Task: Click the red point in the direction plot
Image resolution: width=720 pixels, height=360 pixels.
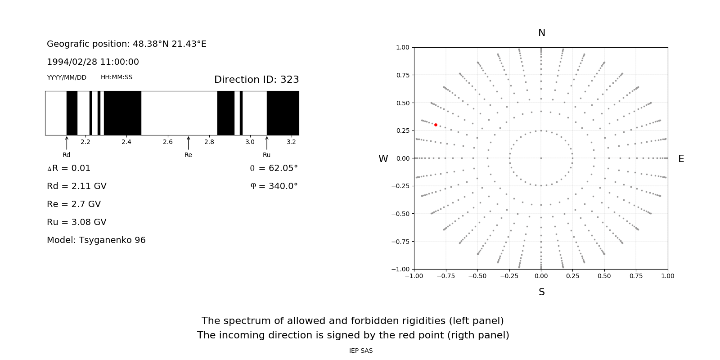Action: click(436, 125)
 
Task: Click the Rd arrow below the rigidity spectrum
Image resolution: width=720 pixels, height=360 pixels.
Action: click(67, 143)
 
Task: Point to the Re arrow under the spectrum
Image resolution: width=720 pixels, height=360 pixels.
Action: click(188, 143)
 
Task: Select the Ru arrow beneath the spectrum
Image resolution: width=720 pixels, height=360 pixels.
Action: click(267, 143)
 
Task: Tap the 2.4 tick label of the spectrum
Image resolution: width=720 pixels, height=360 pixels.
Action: click(126, 142)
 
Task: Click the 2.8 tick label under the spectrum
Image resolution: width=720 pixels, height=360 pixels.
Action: click(209, 142)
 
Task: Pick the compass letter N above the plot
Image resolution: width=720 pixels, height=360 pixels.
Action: click(541, 33)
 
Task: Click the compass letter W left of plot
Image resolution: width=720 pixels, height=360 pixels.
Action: click(383, 159)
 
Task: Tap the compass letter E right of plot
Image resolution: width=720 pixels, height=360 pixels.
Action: click(681, 159)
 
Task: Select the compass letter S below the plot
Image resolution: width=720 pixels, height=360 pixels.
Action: click(541, 292)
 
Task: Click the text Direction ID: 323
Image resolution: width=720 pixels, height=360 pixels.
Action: click(256, 80)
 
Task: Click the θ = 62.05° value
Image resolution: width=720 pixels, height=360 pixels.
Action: click(274, 168)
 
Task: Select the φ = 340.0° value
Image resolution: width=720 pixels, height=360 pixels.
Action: click(274, 186)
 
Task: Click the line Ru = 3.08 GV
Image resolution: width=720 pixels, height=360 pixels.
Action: click(76, 222)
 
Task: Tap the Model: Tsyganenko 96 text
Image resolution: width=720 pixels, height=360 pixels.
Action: click(96, 240)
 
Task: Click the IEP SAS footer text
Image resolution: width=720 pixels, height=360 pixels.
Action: click(360, 351)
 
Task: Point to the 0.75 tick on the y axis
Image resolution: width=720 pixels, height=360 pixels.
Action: click(402, 75)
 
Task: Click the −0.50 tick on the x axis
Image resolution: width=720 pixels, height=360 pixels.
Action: click(477, 276)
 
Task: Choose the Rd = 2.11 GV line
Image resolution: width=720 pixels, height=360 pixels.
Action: click(76, 186)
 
